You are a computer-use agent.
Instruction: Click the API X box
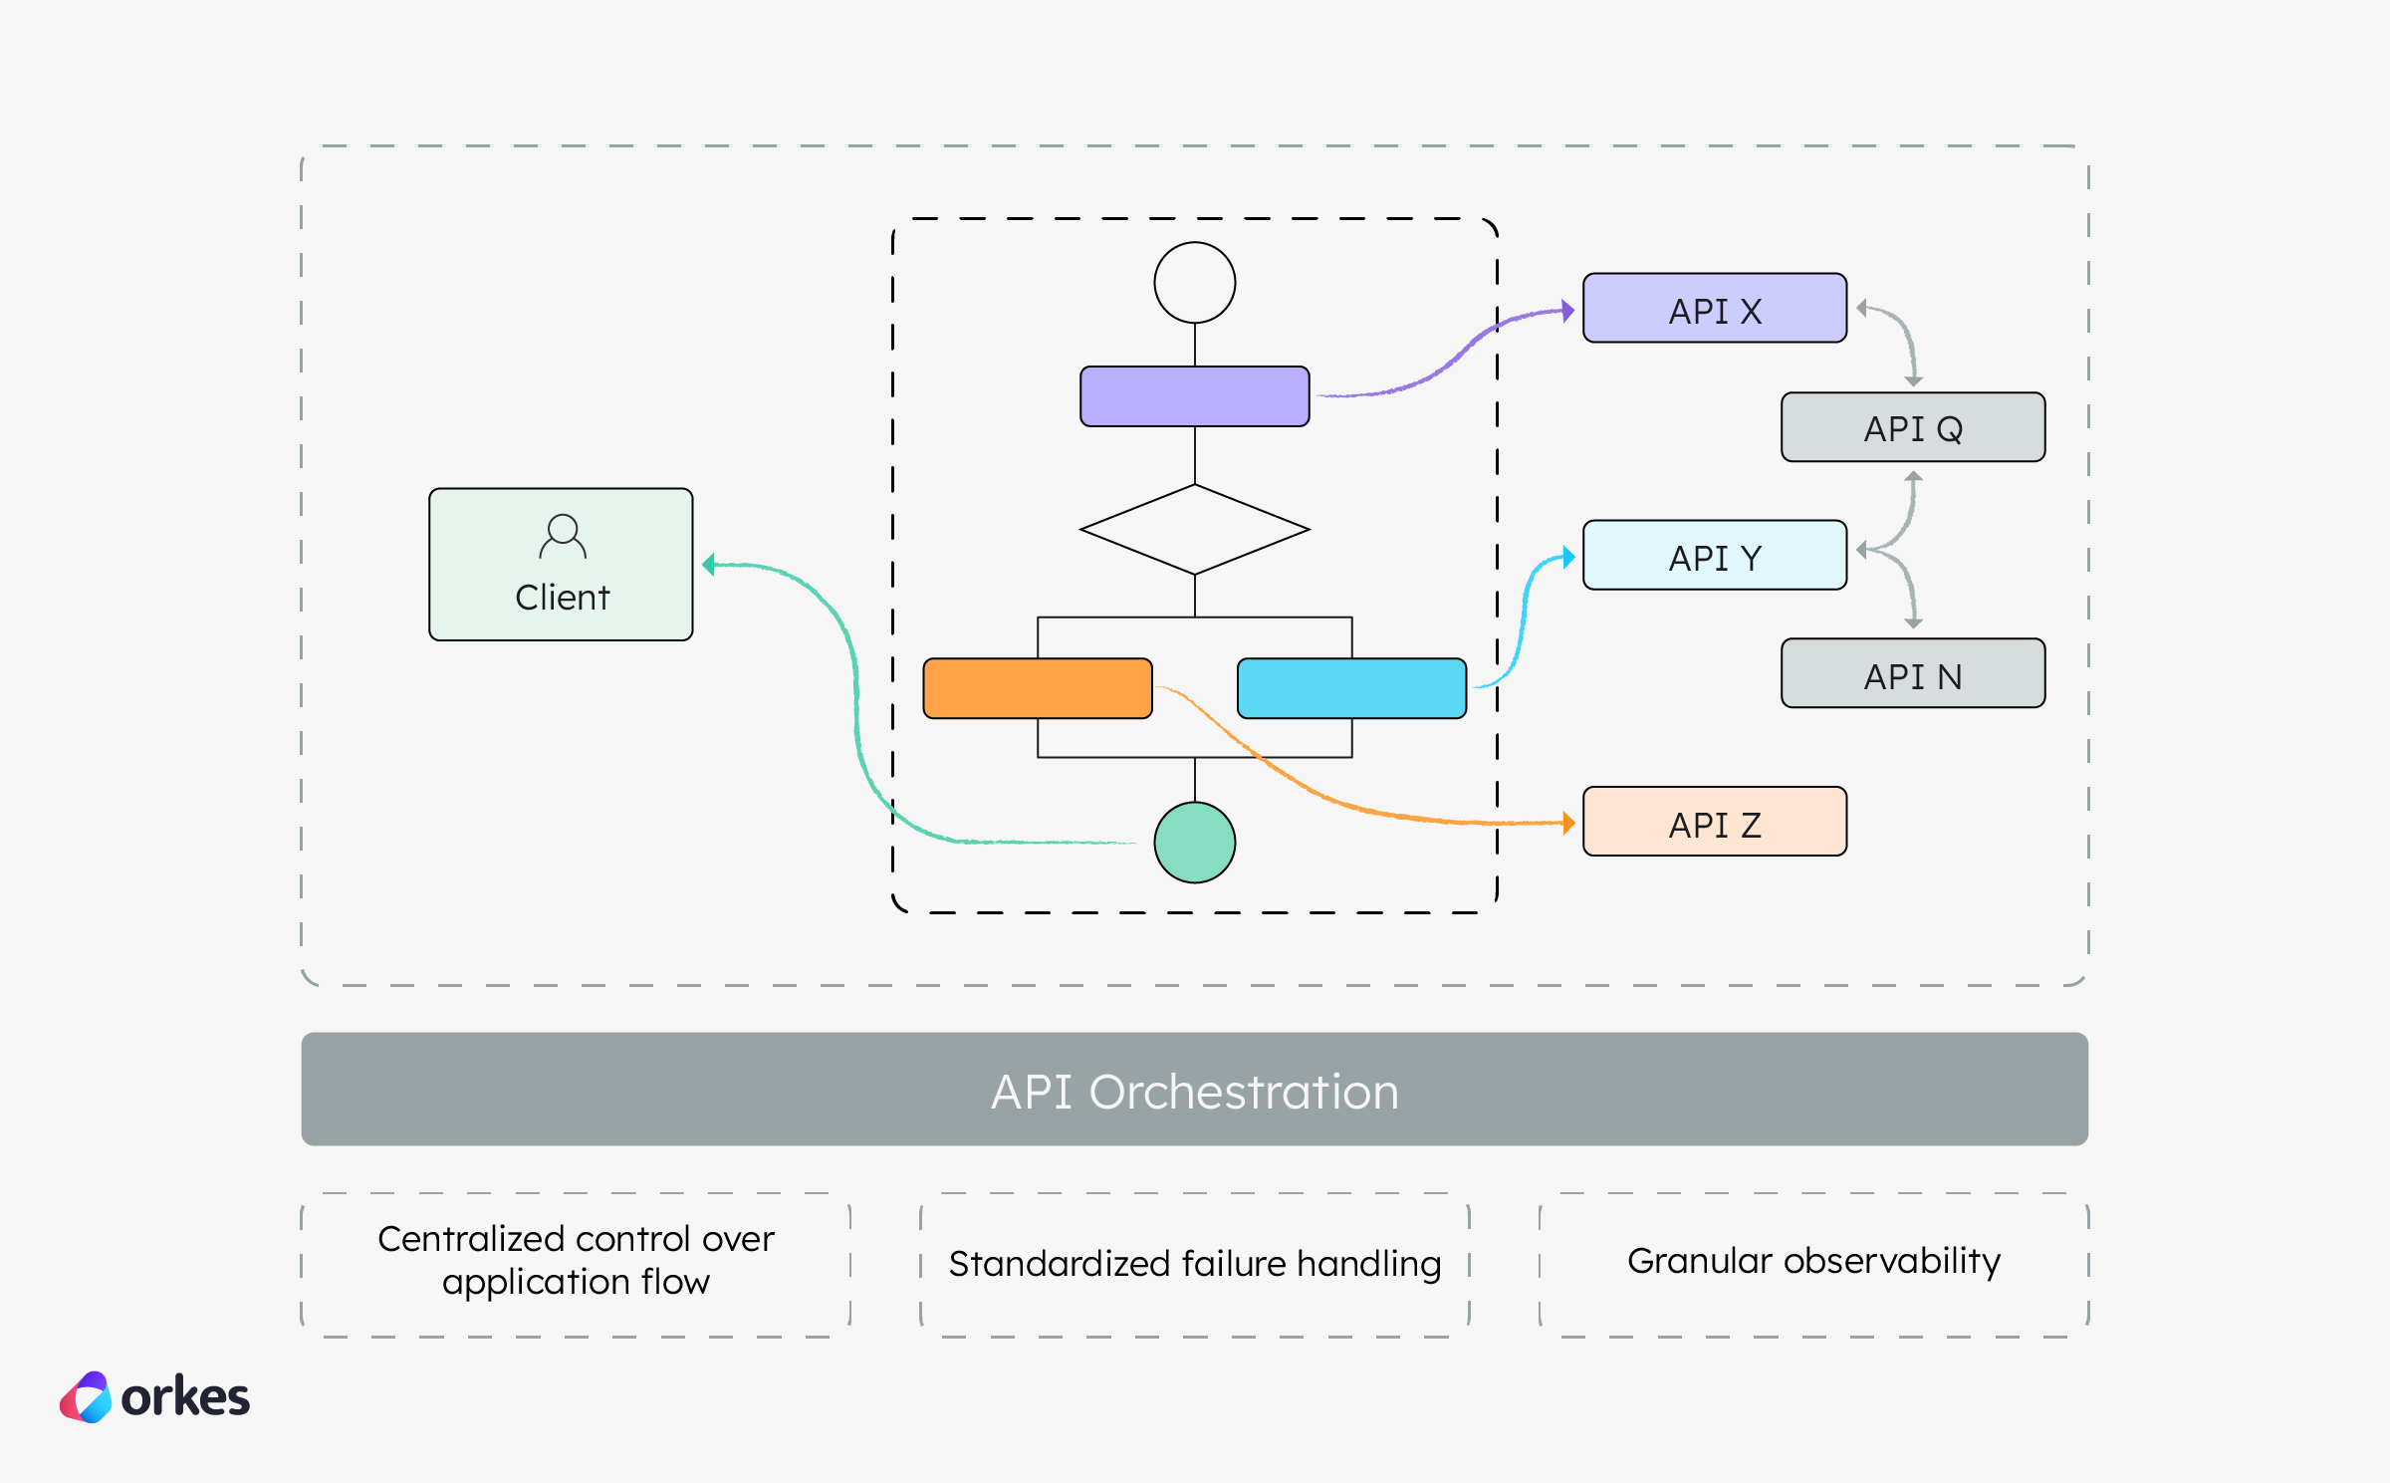1714,309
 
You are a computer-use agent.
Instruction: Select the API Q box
1912,427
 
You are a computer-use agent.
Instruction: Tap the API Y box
1714,556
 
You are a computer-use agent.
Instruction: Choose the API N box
1912,674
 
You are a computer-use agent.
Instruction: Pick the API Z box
1714,823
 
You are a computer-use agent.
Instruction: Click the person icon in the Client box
563,536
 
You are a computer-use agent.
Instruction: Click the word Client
562,598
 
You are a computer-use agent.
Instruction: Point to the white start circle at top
1194,283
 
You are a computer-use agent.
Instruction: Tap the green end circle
1194,843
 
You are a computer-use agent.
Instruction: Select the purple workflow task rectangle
1194,396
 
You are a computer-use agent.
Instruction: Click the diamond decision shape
1194,530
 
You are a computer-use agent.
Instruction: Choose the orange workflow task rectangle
1037,688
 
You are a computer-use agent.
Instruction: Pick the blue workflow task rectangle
1351,688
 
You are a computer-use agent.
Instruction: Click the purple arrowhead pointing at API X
1567,311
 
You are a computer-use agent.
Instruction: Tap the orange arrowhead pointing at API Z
1568,823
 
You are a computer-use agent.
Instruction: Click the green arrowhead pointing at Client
708,565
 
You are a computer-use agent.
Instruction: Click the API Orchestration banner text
1194,1092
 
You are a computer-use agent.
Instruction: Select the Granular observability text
1813,1261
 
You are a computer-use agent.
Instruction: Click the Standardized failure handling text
1194,1264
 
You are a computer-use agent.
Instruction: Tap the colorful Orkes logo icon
87,1397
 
